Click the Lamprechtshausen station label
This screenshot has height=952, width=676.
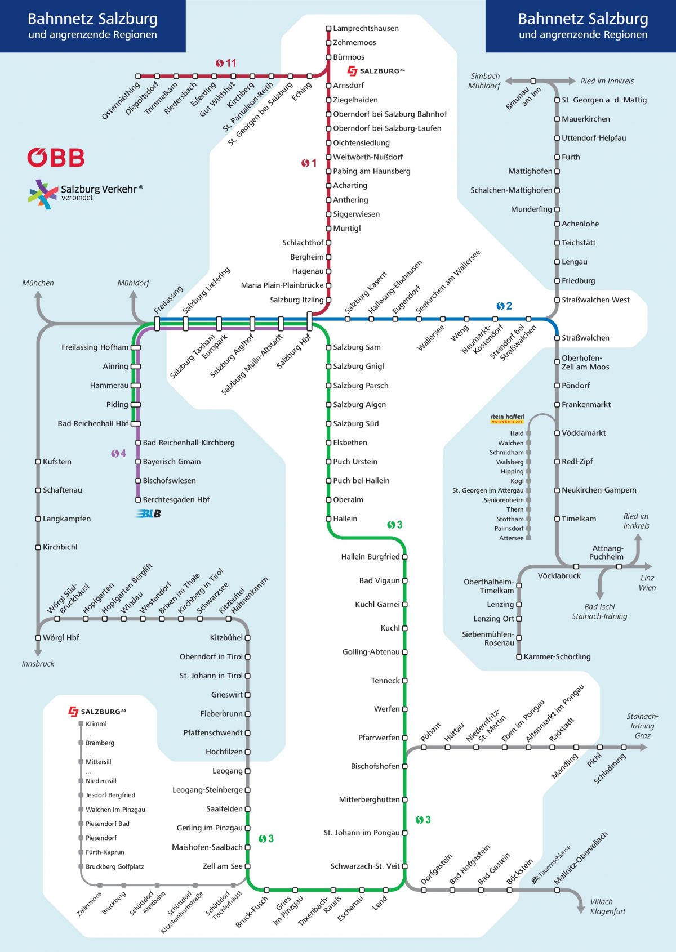pyautogui.click(x=366, y=29)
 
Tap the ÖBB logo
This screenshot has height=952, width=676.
pyautogui.click(x=56, y=158)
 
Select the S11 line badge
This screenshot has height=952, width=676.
pyautogui.click(x=225, y=63)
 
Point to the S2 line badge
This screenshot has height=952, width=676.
pyautogui.click(x=504, y=306)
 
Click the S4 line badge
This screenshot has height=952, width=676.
pyautogui.click(x=118, y=453)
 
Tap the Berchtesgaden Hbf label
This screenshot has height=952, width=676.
pyautogui.click(x=176, y=500)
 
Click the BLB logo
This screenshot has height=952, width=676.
pyautogui.click(x=149, y=513)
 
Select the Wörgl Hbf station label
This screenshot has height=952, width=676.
pyautogui.click(x=61, y=638)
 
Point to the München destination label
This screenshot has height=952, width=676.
pyautogui.click(x=38, y=283)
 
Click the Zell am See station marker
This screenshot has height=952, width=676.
pyautogui.click(x=247, y=866)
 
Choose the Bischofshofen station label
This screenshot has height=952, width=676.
pyautogui.click(x=375, y=767)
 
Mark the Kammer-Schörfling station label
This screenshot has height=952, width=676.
pyautogui.click(x=557, y=657)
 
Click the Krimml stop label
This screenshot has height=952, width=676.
pyautogui.click(x=96, y=724)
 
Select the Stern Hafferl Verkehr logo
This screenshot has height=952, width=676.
pyautogui.click(x=507, y=419)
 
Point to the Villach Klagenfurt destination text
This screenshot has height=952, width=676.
pyautogui.click(x=607, y=906)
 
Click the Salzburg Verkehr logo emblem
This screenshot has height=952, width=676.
pyautogui.click(x=43, y=194)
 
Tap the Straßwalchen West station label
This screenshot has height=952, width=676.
pyautogui.click(x=595, y=300)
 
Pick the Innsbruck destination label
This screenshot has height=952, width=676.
pyautogui.click(x=38, y=664)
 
